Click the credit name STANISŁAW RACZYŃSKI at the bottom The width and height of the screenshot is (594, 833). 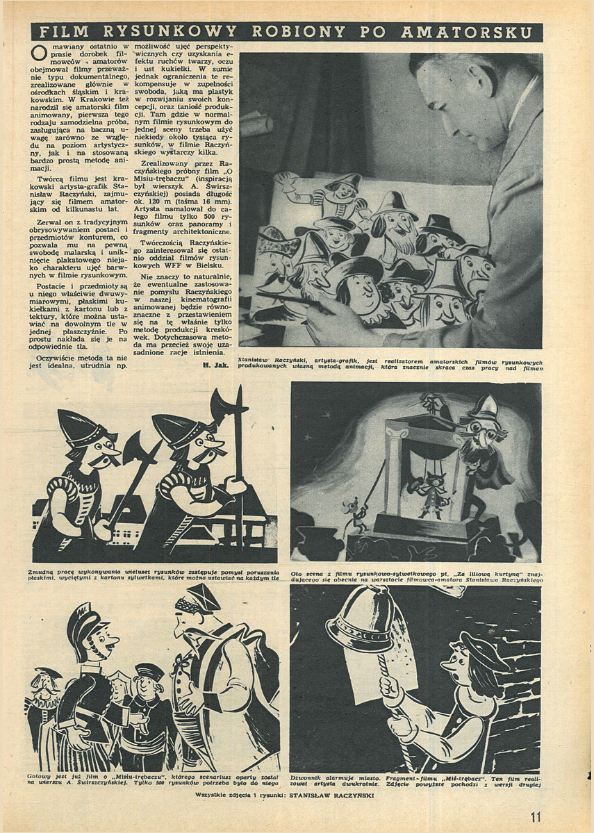tap(334, 795)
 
